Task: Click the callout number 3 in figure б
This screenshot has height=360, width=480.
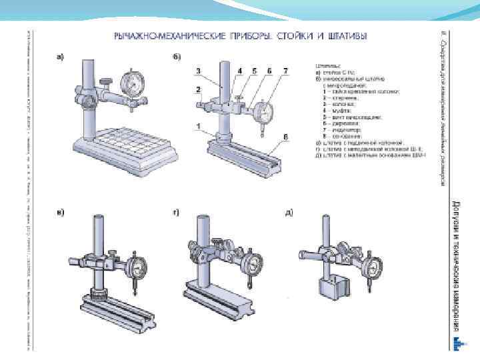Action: (199, 71)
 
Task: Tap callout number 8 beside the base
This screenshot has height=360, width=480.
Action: (285, 137)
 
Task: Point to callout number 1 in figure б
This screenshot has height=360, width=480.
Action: (199, 126)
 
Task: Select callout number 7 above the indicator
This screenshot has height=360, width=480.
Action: (285, 71)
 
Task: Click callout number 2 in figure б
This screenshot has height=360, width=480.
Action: (199, 89)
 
